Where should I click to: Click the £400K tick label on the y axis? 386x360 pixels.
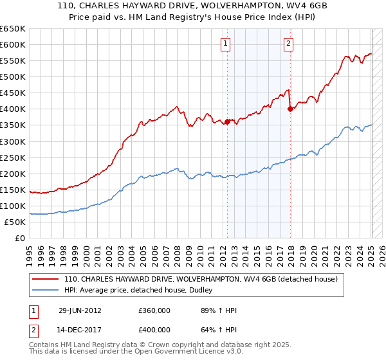(13, 109)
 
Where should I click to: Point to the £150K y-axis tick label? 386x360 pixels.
(13, 190)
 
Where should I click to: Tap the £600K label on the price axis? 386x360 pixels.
(13, 44)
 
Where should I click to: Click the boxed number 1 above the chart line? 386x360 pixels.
(226, 44)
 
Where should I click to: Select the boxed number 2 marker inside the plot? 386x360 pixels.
(288, 44)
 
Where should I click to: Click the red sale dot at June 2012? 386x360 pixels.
(227, 122)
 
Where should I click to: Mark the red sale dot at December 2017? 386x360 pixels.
(290, 109)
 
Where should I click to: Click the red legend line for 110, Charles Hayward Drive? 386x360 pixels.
(46, 280)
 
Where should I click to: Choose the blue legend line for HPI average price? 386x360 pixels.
(46, 291)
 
